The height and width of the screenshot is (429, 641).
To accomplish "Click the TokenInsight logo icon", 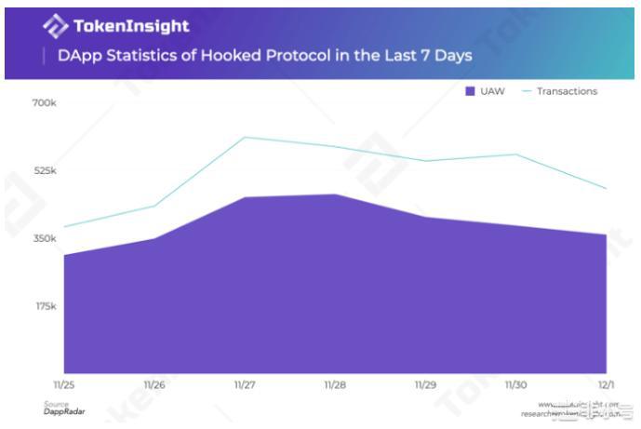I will tap(55, 26).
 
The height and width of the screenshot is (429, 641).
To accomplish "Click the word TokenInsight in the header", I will tap(130, 26).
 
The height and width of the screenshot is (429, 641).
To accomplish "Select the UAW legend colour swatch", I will tap(470, 91).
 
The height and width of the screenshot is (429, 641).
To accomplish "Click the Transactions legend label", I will tap(567, 91).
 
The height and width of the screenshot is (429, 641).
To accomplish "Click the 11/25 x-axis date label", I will tap(63, 383).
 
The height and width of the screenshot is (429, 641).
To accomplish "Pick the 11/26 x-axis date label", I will tap(154, 383).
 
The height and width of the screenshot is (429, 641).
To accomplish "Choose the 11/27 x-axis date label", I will tap(245, 383).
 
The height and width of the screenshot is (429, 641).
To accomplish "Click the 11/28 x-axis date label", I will tap(335, 383).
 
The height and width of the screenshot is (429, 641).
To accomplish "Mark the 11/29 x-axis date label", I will tap(425, 383).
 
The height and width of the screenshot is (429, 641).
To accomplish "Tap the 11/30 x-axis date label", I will tap(516, 383).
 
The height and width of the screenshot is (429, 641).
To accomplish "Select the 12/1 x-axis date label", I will tap(606, 383).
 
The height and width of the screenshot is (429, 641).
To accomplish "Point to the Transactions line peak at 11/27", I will tap(245, 138).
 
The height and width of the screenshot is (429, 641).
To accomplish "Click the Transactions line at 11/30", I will tap(516, 154).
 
